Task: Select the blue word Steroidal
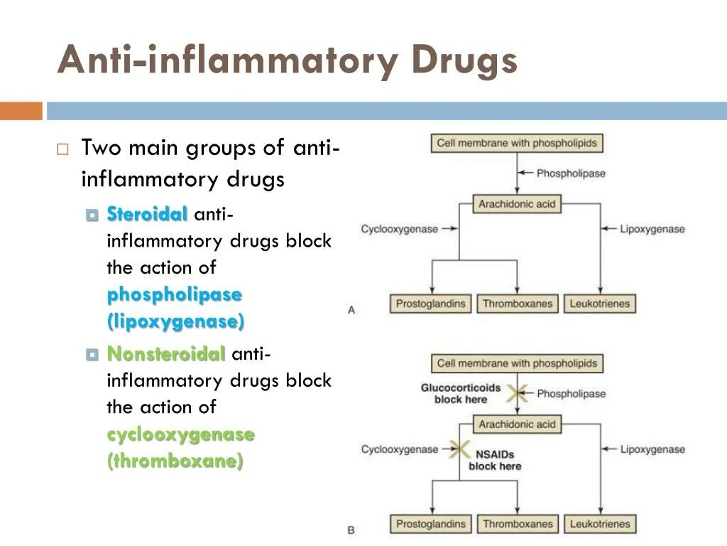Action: (x=147, y=214)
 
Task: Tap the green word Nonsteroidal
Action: (x=166, y=353)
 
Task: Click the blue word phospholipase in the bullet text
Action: (x=175, y=294)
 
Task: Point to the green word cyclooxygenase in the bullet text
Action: (x=180, y=434)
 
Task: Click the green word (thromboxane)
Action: (x=175, y=461)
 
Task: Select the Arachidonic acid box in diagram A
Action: (x=517, y=204)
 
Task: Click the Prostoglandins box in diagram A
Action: (x=431, y=304)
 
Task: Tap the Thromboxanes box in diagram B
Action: (x=518, y=524)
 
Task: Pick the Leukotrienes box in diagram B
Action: (x=600, y=524)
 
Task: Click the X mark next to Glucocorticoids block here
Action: (x=517, y=393)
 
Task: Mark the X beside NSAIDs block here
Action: (x=459, y=449)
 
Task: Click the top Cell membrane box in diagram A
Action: (x=517, y=143)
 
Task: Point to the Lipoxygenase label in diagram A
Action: (x=652, y=229)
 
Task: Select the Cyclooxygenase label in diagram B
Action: (x=400, y=449)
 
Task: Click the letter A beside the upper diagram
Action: (x=351, y=310)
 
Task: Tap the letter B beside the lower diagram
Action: (x=351, y=530)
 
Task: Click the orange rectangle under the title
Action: (x=21, y=111)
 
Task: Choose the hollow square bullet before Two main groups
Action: (x=62, y=149)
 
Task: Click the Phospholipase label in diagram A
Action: (x=571, y=173)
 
